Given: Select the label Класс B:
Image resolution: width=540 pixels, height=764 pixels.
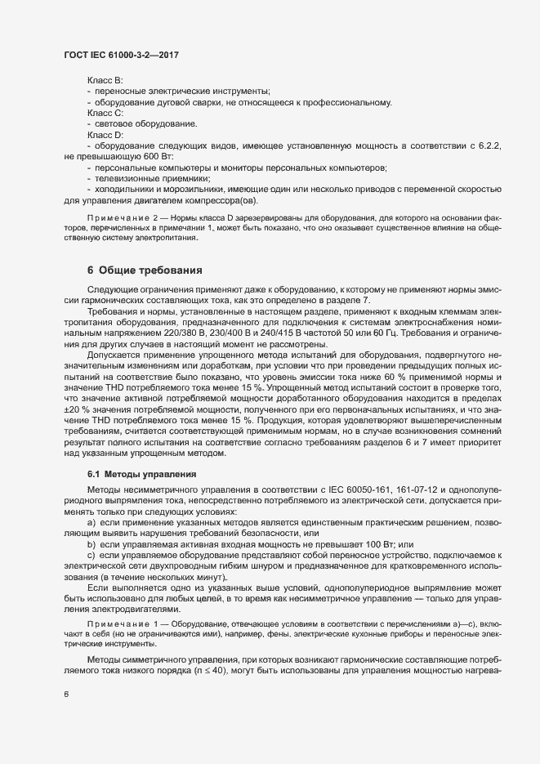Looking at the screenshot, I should click(x=105, y=80).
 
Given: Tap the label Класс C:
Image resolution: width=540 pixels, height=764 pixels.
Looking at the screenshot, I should click(x=105, y=113).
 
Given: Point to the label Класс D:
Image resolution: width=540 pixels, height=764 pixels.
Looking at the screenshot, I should click(x=105, y=134).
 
